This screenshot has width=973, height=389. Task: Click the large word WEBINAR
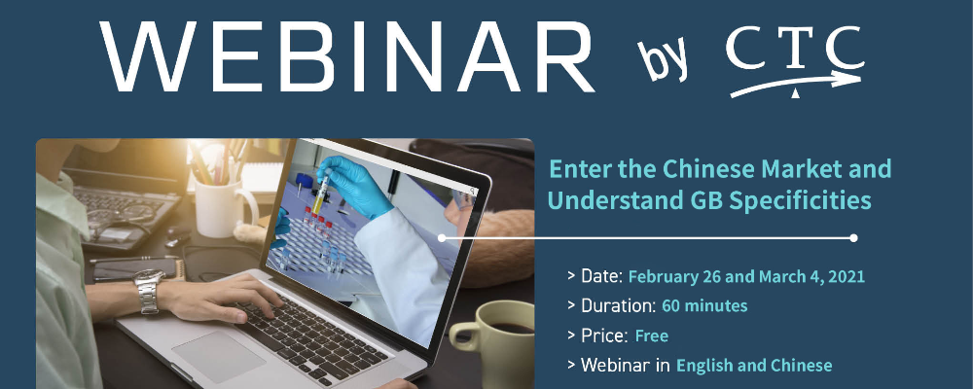(x=347, y=57)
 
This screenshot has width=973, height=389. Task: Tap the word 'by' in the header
(x=662, y=60)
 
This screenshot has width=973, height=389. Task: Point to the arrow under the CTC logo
(x=796, y=85)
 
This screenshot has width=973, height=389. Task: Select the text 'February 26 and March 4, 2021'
(x=746, y=277)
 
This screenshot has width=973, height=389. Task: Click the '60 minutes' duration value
(x=704, y=306)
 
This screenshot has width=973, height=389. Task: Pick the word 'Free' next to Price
(x=652, y=336)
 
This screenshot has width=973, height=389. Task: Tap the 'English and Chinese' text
(x=754, y=366)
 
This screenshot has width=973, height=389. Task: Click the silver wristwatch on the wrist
(x=149, y=291)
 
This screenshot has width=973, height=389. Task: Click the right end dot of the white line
(x=854, y=238)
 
